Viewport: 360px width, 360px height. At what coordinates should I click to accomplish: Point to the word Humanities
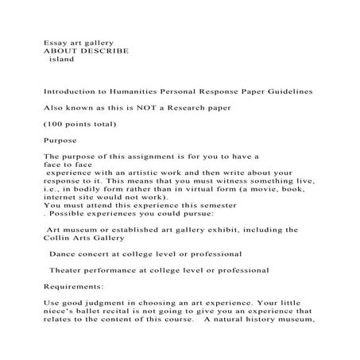(x=149, y=93)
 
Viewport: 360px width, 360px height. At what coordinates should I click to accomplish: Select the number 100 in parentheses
(x=56, y=125)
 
